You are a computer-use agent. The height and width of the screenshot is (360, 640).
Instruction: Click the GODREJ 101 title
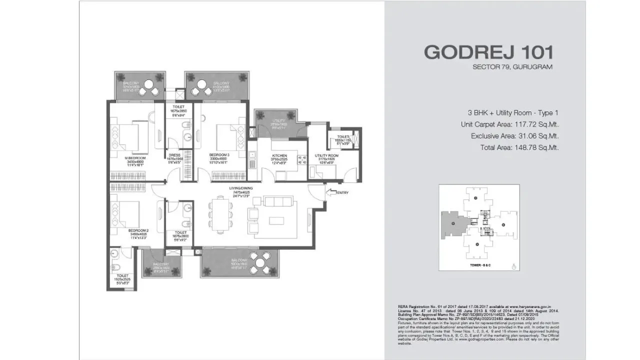[x=488, y=52]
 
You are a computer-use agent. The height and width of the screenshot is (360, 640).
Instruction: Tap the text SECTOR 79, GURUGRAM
[x=512, y=67]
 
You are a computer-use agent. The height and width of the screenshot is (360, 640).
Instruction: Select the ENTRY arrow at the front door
[x=331, y=192]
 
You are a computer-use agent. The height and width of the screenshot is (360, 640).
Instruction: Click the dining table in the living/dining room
[x=219, y=215]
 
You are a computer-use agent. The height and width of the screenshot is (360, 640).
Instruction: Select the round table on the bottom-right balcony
[x=260, y=261]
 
